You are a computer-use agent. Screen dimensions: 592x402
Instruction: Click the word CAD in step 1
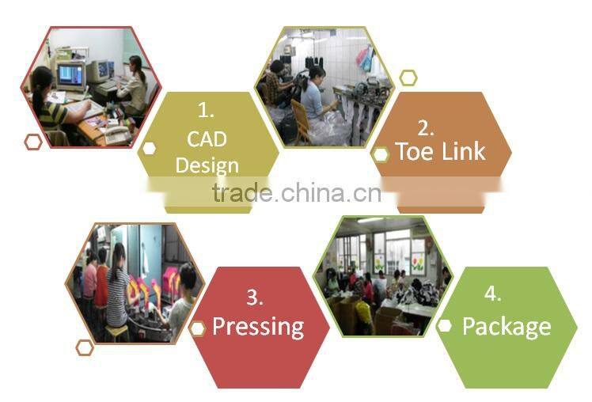click(x=207, y=139)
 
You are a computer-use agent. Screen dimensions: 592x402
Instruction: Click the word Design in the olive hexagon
click(x=207, y=165)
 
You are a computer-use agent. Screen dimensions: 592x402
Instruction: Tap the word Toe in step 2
click(x=415, y=152)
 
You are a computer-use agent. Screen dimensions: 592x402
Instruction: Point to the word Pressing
click(x=258, y=327)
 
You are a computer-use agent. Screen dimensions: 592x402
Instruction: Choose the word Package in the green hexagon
click(x=507, y=327)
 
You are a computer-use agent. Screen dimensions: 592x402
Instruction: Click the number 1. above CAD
click(x=206, y=111)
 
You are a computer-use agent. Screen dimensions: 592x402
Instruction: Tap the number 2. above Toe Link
click(x=426, y=128)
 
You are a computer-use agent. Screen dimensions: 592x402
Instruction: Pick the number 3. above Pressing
click(x=255, y=298)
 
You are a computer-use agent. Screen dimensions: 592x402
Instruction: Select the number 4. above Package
click(x=493, y=294)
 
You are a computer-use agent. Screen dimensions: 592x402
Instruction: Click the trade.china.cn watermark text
click(x=297, y=193)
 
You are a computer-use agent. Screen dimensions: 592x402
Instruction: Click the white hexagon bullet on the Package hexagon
click(x=444, y=326)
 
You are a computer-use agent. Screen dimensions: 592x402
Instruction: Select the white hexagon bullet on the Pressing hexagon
click(x=197, y=329)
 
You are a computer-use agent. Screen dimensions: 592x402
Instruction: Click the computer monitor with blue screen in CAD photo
click(x=71, y=75)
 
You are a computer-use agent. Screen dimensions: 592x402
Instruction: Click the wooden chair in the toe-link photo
click(x=301, y=121)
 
